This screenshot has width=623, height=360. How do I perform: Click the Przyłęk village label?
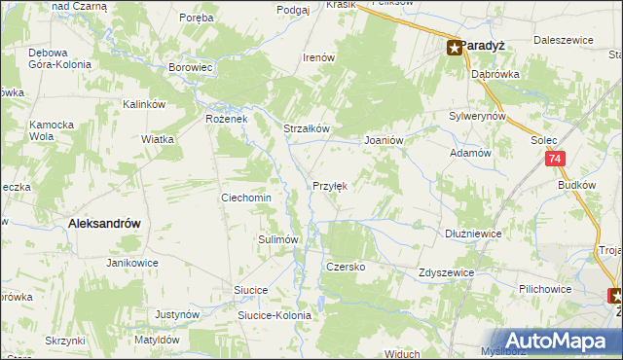329,186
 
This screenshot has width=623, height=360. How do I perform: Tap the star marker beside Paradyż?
455,46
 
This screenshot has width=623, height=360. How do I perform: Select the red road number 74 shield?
554,159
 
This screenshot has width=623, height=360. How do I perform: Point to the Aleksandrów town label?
104,223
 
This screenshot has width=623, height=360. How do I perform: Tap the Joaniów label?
384,140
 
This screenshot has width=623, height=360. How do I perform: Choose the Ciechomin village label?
246,198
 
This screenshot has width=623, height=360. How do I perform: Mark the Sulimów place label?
276,238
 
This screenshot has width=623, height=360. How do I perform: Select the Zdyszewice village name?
446,273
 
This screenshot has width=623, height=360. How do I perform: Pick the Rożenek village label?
227,119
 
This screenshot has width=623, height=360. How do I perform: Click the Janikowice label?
132,263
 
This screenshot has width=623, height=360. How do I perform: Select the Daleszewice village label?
565,43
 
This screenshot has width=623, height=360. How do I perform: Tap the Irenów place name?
319,57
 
